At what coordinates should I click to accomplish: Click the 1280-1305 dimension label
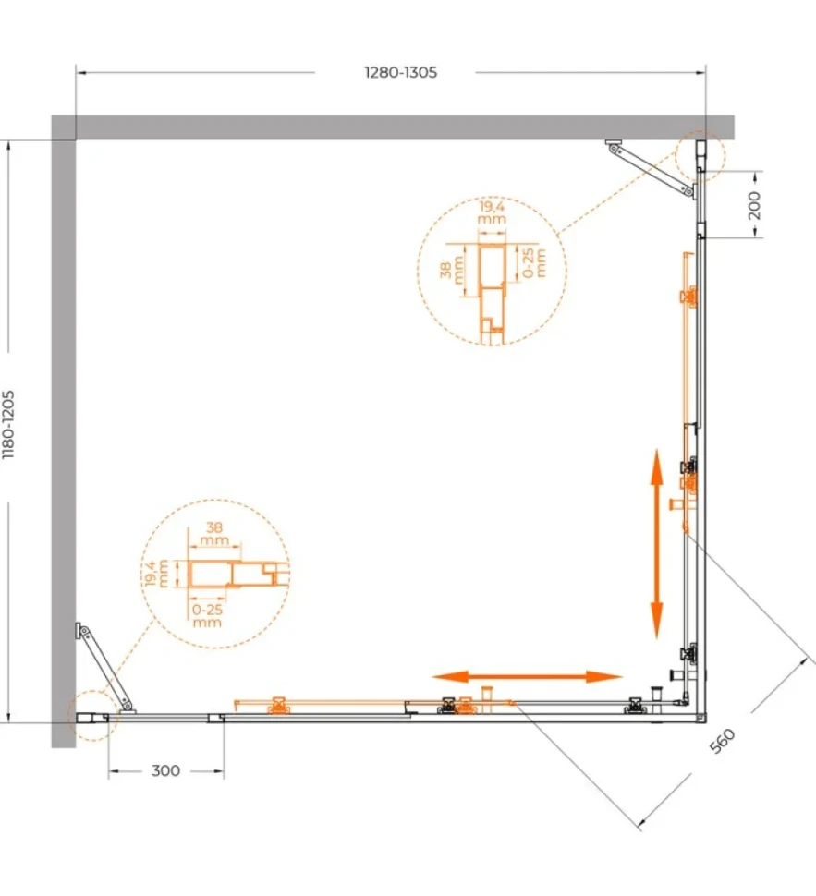click(401, 73)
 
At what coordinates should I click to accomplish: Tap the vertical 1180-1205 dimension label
click(8, 425)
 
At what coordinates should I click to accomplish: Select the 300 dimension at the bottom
click(165, 771)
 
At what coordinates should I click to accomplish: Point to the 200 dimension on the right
click(754, 205)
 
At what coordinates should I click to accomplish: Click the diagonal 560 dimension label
click(722, 741)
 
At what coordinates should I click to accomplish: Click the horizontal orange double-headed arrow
click(527, 677)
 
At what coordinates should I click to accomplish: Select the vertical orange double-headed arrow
click(656, 543)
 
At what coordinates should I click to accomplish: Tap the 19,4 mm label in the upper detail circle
click(492, 212)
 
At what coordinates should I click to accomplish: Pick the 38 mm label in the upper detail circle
click(452, 270)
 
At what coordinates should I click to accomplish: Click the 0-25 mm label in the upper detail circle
click(534, 262)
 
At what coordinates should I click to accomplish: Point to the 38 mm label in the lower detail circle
click(213, 534)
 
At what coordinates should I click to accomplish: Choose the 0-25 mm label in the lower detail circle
click(207, 616)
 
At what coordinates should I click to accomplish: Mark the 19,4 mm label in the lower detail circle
click(155, 574)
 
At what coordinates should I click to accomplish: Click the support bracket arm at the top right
click(652, 170)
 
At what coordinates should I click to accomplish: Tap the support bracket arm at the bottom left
click(104, 668)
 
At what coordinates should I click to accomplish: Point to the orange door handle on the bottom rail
click(487, 699)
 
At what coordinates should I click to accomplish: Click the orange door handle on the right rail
click(682, 504)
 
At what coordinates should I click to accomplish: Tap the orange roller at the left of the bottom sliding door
click(278, 706)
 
